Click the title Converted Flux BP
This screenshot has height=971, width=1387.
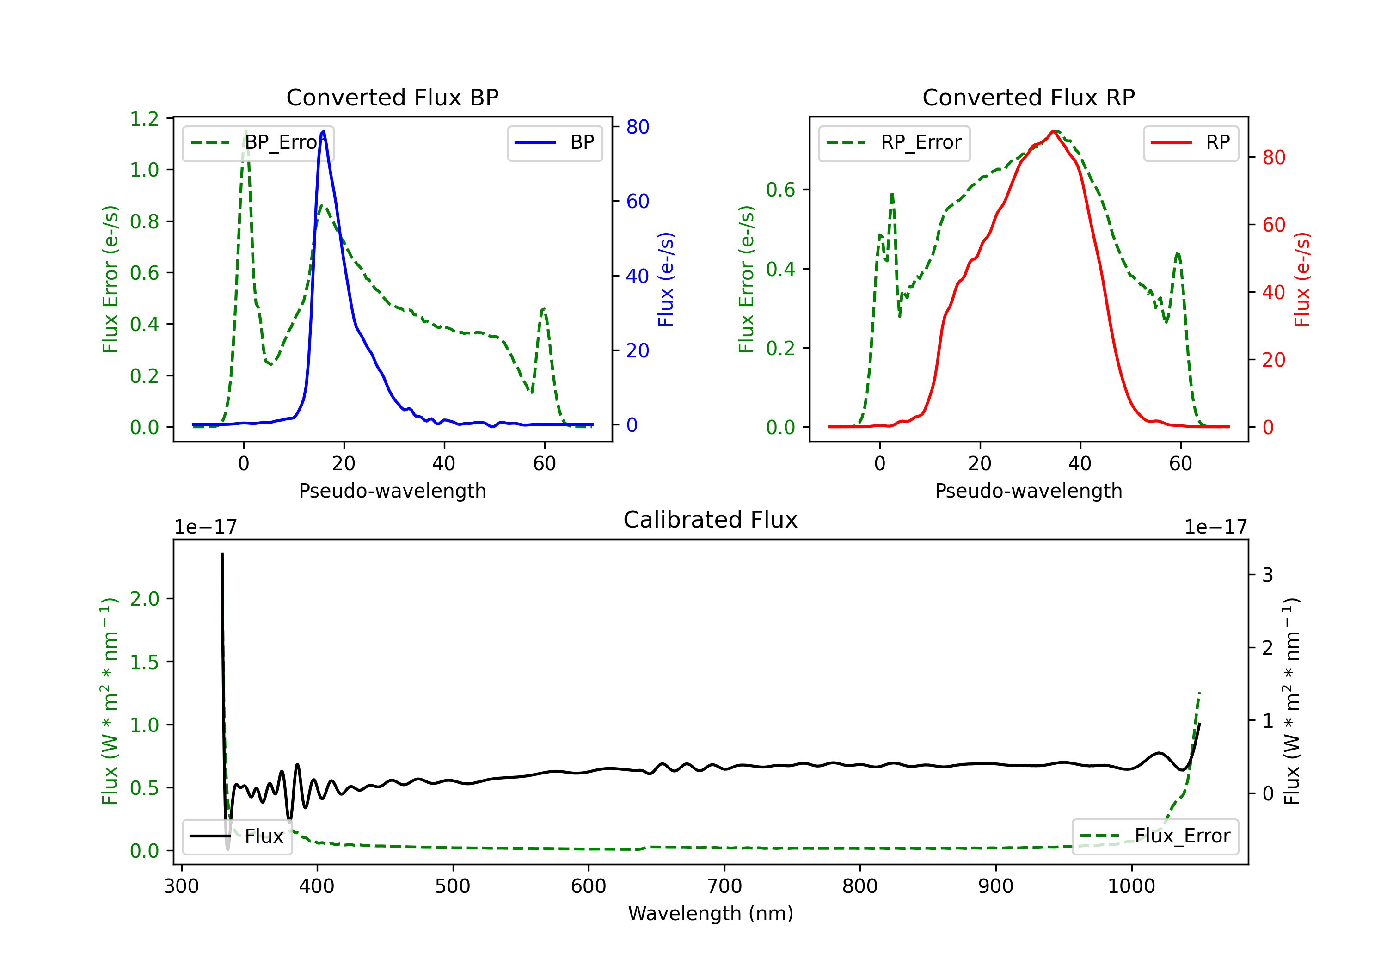pos(392,97)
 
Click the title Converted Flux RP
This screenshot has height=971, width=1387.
pos(1028,97)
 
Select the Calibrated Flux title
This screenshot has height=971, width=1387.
pos(711,520)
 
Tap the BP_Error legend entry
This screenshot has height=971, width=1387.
pos(258,142)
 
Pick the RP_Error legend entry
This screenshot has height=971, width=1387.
pos(895,142)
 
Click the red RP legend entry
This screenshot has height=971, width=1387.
pos(1191,142)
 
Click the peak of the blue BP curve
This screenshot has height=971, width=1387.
pos(324,131)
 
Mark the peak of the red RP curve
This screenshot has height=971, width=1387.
pos(1053,131)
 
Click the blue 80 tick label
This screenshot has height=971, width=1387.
pos(637,127)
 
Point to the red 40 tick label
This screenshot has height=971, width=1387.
pos(1273,292)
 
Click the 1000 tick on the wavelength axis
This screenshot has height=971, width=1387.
pos(1131,886)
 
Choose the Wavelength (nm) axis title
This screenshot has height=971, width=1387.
pos(711,913)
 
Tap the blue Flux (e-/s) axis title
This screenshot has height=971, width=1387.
pos(666,279)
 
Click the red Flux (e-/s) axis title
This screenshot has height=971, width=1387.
pos(1302,279)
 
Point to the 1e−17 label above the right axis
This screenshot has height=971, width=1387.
pos(1215,527)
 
